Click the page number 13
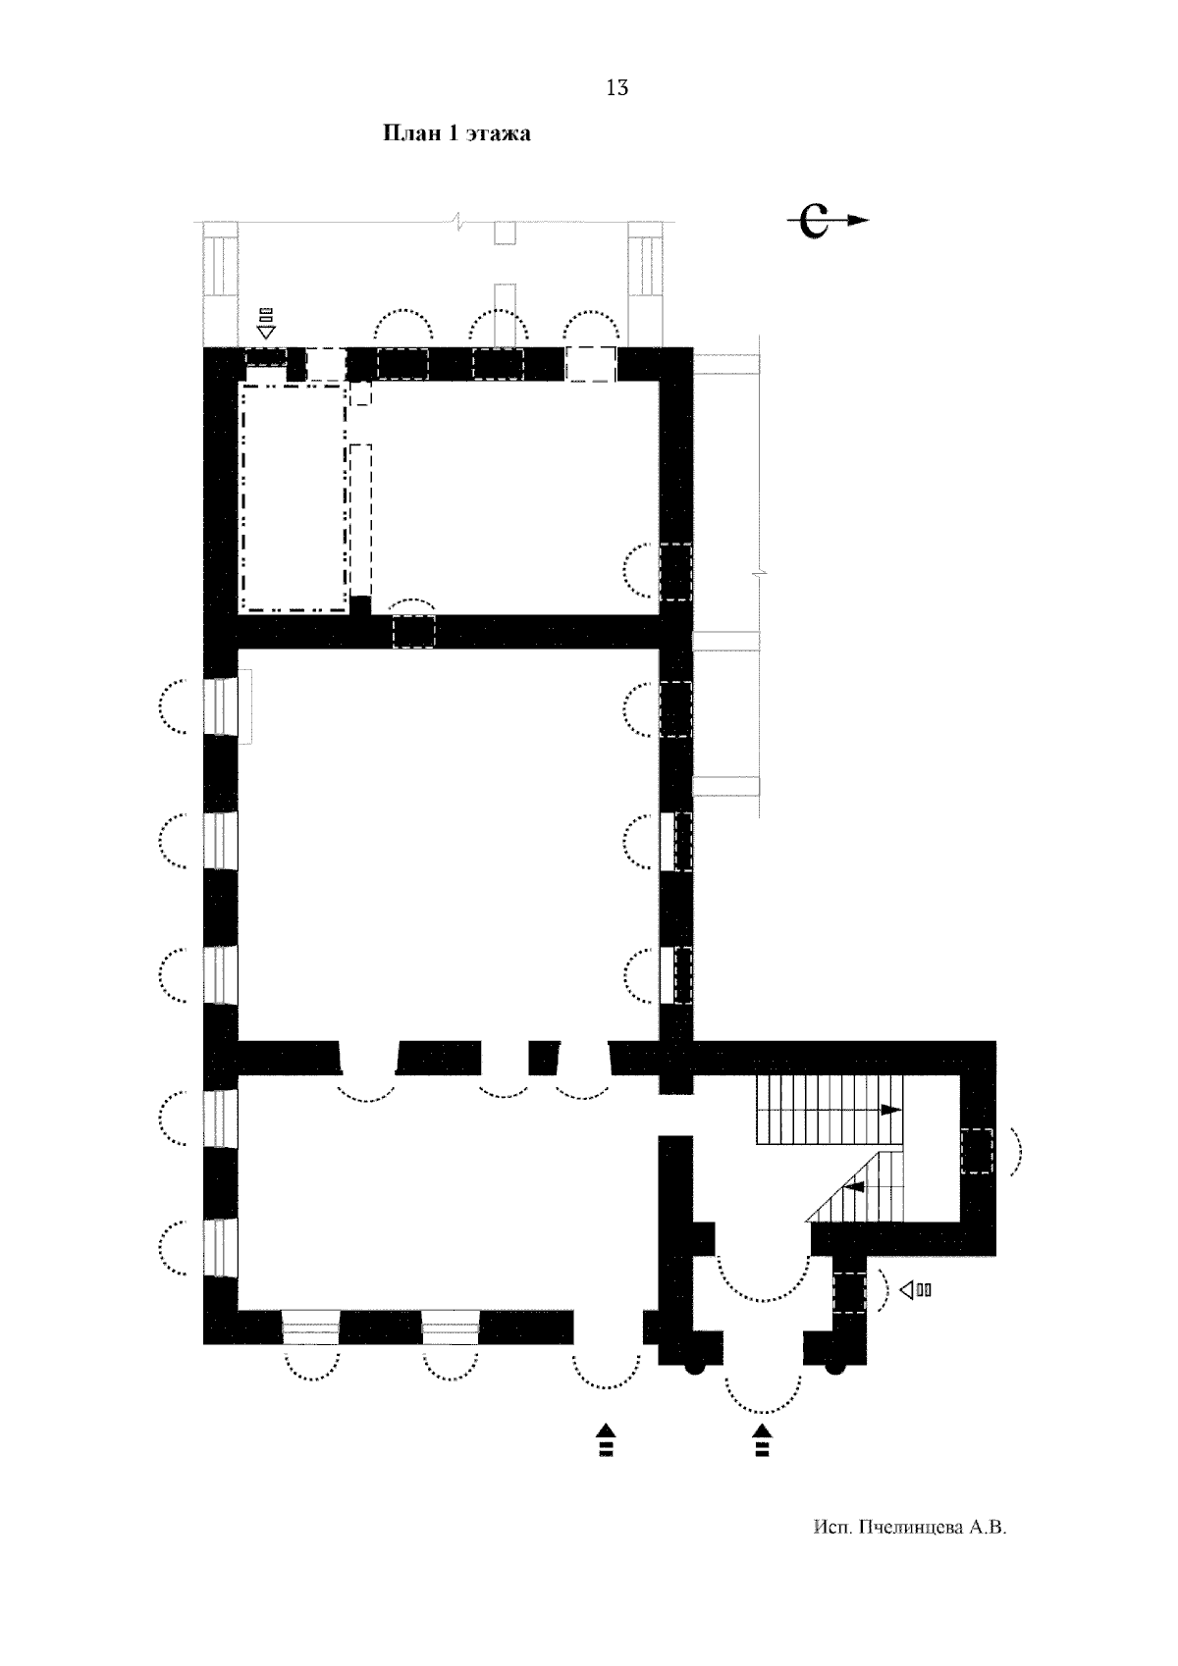coord(616,88)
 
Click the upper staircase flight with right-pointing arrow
coord(830,1110)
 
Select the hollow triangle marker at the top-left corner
coord(266,332)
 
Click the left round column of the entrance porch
coord(694,1366)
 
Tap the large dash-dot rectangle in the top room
coord(294,497)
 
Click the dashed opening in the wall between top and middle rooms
coord(413,632)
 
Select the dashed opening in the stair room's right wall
coord(977,1151)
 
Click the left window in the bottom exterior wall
coord(311,1328)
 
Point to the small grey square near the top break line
coord(505,234)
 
